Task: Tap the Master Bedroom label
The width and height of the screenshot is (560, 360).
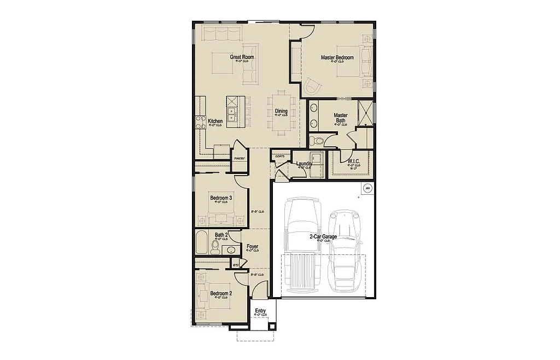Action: (x=337, y=57)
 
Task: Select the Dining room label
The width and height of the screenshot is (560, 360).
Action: (x=281, y=112)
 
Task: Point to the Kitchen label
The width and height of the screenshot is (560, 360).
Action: (x=215, y=121)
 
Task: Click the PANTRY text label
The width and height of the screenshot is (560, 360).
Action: (x=239, y=159)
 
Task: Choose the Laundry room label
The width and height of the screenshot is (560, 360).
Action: (x=304, y=164)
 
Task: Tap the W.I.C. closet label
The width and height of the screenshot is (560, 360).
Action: (x=354, y=161)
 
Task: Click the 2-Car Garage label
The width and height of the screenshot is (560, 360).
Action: (x=323, y=236)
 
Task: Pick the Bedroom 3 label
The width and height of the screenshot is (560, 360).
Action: (x=221, y=198)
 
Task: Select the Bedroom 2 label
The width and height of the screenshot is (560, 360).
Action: (x=221, y=293)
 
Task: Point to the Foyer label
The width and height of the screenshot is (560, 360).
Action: (x=252, y=247)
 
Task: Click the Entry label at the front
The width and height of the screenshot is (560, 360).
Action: (x=260, y=311)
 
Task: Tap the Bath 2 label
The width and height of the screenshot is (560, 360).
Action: (x=221, y=235)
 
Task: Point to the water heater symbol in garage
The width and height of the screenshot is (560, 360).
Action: (x=367, y=188)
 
